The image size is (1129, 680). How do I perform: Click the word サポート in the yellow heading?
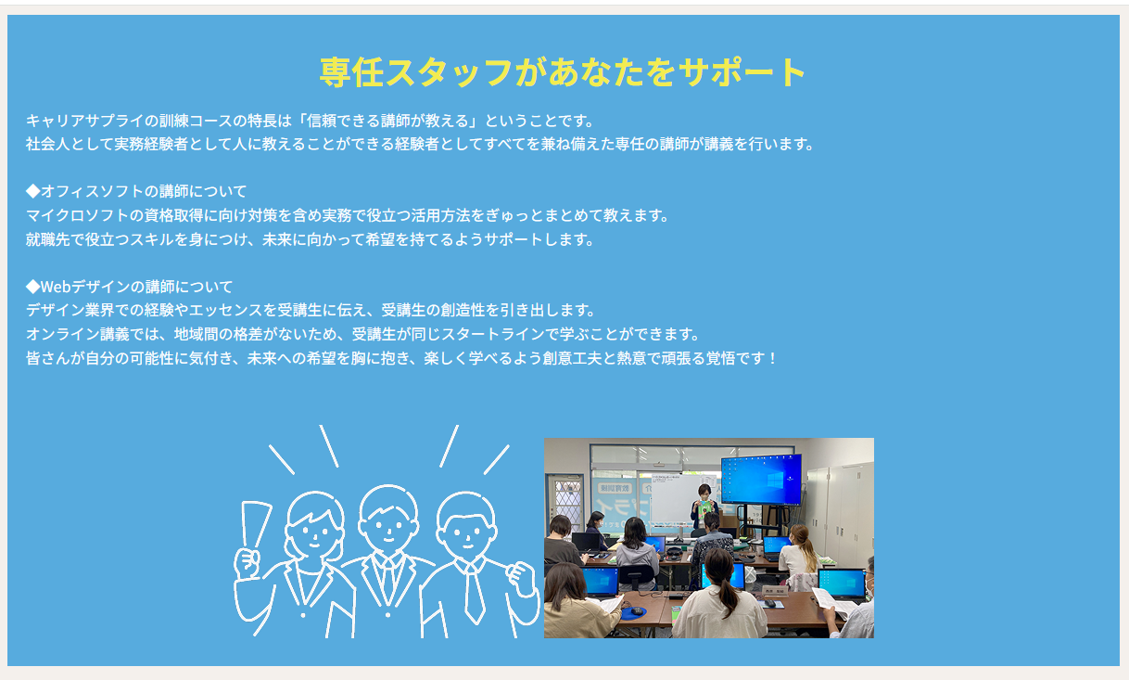point(742,72)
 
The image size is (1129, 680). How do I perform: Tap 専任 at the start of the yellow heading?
point(351,72)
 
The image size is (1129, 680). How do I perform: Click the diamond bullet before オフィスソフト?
point(32,191)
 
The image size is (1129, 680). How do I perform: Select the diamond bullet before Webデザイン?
point(32,287)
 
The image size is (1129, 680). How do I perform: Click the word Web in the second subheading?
point(56,287)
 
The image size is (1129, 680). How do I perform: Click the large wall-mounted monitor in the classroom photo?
point(761,479)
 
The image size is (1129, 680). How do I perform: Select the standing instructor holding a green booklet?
point(704,507)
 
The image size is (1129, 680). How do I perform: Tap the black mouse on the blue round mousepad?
point(637,611)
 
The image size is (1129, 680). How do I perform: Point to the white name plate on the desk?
point(775,591)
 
